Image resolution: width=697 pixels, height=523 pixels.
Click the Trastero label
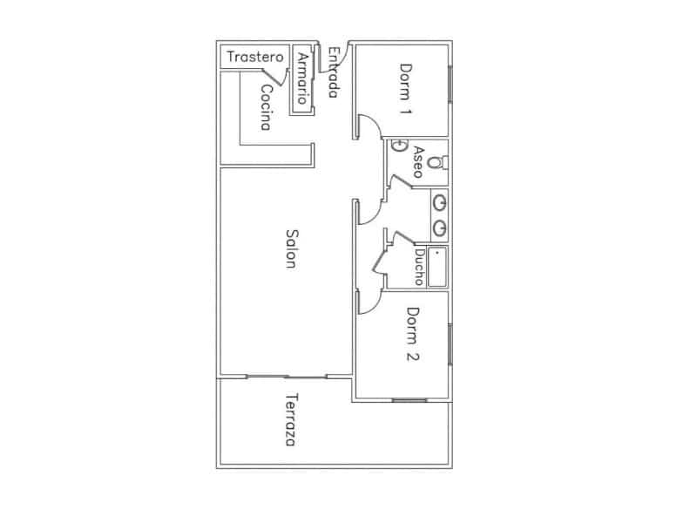coord(254,57)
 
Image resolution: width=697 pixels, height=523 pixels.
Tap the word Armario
coord(303,78)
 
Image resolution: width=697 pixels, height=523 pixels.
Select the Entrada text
coord(335,72)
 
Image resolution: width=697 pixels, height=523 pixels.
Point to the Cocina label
coord(266,107)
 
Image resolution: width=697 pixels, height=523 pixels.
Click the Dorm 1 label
coord(405,89)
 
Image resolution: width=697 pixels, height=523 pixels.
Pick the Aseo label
coord(418,162)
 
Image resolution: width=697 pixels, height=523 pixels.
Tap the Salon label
coord(291,248)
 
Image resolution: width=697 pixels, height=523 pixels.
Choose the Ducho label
coord(419,267)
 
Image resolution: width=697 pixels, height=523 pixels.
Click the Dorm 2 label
coord(413,334)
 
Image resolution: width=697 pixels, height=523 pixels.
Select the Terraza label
coord(291,419)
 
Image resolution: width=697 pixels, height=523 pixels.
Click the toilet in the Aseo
coord(437,162)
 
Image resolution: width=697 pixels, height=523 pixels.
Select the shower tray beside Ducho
coord(437,268)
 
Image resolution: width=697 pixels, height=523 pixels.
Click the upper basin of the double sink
coord(440,203)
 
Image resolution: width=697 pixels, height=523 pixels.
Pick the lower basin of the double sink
coord(440,228)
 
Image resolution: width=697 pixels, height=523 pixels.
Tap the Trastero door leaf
coord(273,77)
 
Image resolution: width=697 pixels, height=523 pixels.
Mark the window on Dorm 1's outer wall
coord(450,84)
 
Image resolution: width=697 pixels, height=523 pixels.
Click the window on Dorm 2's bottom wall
coord(409,400)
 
